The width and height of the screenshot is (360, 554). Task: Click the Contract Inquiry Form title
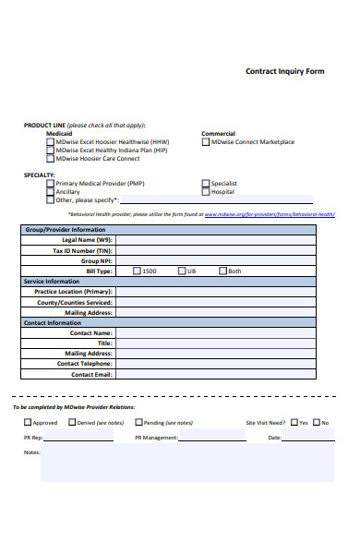pyautogui.click(x=284, y=70)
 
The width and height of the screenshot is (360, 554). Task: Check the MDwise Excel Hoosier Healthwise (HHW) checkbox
pyautogui.click(x=50, y=142)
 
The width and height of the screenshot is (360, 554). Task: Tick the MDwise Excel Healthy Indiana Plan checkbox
pyautogui.click(x=50, y=151)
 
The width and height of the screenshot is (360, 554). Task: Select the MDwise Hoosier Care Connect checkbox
pyautogui.click(x=50, y=159)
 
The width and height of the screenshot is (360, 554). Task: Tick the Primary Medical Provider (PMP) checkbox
pyautogui.click(x=50, y=184)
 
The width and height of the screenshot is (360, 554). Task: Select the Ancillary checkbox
pyautogui.click(x=50, y=192)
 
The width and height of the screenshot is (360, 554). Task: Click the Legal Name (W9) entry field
pyautogui.click(x=225, y=240)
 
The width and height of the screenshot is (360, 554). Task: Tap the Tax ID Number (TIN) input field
pyautogui.click(x=225, y=250)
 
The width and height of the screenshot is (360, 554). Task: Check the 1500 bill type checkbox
pyautogui.click(x=138, y=271)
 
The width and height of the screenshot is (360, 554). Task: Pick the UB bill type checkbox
pyautogui.click(x=182, y=271)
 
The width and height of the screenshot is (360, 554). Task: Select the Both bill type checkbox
pyautogui.click(x=222, y=271)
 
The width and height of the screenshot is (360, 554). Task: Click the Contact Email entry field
pyautogui.click(x=225, y=374)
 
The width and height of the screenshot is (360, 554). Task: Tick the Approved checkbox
pyautogui.click(x=28, y=423)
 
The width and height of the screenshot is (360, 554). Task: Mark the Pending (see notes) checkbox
pyautogui.click(x=138, y=423)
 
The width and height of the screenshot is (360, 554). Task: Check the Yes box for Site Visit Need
pyautogui.click(x=293, y=423)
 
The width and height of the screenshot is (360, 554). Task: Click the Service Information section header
pyautogui.click(x=52, y=281)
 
